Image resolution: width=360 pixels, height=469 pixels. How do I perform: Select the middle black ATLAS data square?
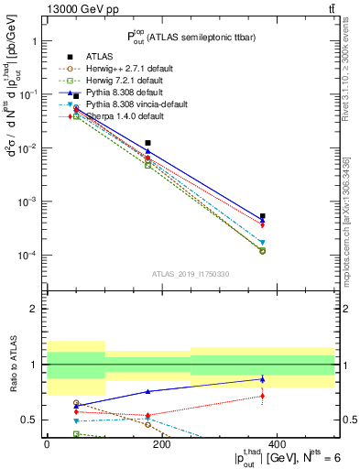click(147, 143)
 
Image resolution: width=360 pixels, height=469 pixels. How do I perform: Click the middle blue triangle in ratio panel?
click(147, 391)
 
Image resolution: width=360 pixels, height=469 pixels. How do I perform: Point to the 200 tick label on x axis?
click(162, 445)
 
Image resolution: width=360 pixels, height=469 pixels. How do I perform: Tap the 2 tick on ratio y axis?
click(33, 309)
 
